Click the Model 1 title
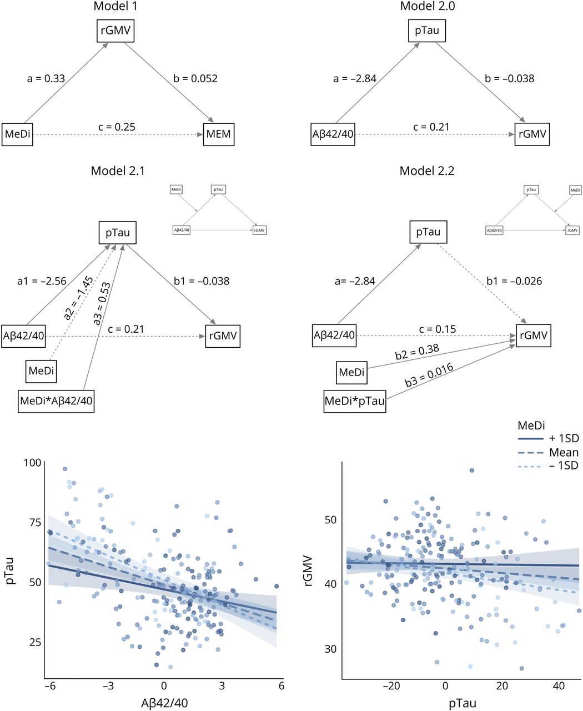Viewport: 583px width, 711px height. (x=115, y=7)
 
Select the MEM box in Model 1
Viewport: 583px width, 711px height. (x=218, y=134)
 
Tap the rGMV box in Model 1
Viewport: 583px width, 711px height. (x=115, y=31)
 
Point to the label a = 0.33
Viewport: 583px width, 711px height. (x=46, y=78)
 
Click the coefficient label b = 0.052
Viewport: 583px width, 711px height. (x=195, y=78)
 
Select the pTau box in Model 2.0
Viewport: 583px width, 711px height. (x=427, y=31)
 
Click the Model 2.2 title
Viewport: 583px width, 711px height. (x=427, y=171)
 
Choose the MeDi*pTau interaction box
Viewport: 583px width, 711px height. (x=355, y=401)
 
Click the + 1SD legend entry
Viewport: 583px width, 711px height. (x=563, y=439)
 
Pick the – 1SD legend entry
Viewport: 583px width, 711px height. (x=563, y=465)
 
